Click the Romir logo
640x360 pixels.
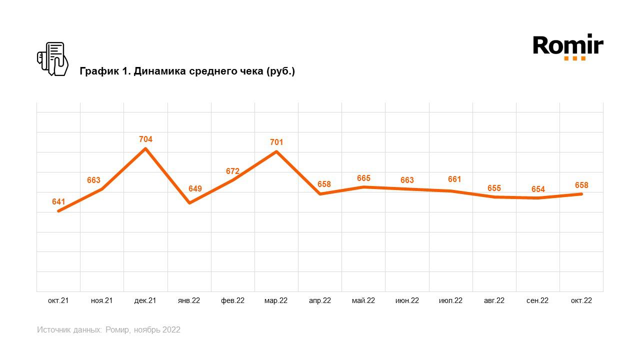pyautogui.click(x=568, y=47)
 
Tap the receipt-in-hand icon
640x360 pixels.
pyautogui.click(x=52, y=59)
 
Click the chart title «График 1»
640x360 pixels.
pyautogui.click(x=187, y=71)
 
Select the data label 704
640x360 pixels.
pyautogui.click(x=145, y=139)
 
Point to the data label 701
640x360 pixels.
pyautogui.click(x=276, y=142)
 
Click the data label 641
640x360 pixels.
pyautogui.click(x=58, y=202)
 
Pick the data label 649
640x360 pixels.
pyautogui.click(x=189, y=188)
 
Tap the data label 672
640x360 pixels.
pyautogui.click(x=232, y=171)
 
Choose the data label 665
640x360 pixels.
pyautogui.click(x=363, y=178)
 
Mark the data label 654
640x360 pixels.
pyautogui.click(x=538, y=189)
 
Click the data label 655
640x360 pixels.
pyautogui.click(x=494, y=188)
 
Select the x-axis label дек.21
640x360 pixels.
pyautogui.click(x=145, y=300)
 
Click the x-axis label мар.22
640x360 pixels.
pyautogui.click(x=276, y=300)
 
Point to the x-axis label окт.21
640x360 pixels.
pyautogui.click(x=58, y=300)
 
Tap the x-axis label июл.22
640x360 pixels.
pyautogui.click(x=450, y=300)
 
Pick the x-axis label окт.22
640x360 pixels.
pyautogui.click(x=581, y=300)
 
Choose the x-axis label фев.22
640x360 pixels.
pyautogui.click(x=232, y=300)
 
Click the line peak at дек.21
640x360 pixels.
pyautogui.click(x=145, y=148)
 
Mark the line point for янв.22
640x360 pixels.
pyautogui.click(x=189, y=202)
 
